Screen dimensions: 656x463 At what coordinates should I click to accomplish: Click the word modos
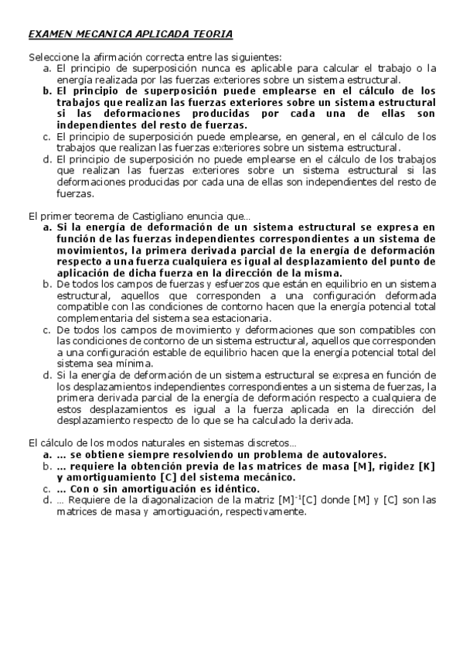pos(107,442)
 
